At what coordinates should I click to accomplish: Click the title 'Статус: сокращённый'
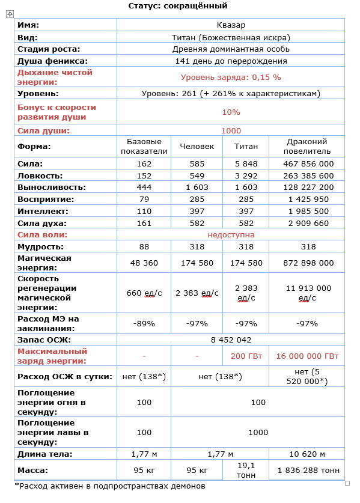point(178,6)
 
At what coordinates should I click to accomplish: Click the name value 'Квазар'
point(231,25)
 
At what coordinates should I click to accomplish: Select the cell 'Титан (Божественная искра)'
point(231,37)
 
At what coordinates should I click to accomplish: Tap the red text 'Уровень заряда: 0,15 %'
point(231,78)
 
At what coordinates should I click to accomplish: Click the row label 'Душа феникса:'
point(53,61)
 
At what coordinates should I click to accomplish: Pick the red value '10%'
point(231,112)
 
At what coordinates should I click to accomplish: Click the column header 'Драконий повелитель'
point(307,147)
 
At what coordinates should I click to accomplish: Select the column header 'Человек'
point(197,147)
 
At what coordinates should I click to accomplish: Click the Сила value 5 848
point(246,163)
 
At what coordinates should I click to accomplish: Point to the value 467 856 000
point(307,163)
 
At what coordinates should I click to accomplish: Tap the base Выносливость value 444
point(144,187)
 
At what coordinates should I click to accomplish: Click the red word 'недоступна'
point(231,235)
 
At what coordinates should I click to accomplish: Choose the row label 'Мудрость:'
point(41,247)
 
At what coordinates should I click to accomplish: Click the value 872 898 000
point(307,263)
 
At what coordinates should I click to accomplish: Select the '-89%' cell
point(144,324)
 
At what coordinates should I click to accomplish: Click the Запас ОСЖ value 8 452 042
point(231,340)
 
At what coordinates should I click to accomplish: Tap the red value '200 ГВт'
point(246,356)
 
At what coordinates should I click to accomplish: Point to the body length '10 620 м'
point(307,454)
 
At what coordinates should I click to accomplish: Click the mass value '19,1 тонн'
point(246,470)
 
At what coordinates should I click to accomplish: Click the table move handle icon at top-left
point(10,14)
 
